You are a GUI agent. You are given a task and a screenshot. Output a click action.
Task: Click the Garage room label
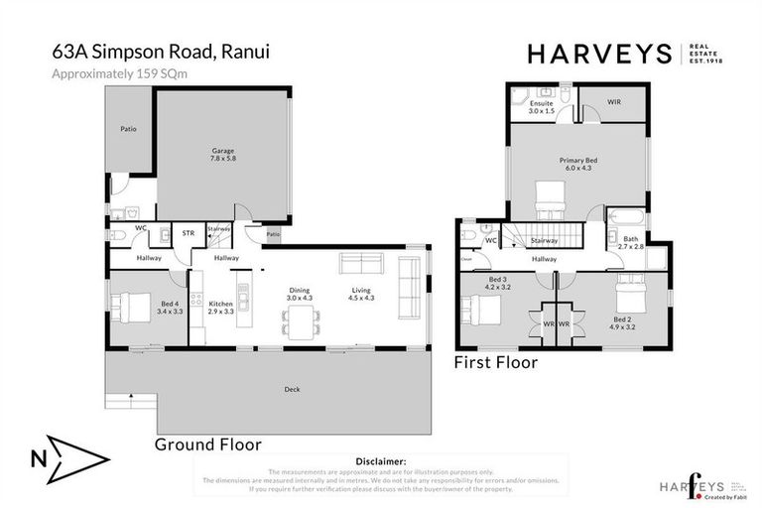click(x=222, y=155)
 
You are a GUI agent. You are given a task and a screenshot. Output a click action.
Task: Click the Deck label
click(x=292, y=389)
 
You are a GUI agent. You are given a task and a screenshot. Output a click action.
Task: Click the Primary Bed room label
click(x=577, y=164)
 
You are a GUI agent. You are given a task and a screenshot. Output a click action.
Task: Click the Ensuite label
click(x=542, y=106)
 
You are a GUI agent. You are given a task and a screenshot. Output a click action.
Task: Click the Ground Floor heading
click(x=207, y=444)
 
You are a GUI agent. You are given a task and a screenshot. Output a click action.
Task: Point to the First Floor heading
click(x=496, y=363)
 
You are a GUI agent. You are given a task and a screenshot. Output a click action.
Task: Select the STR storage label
click(x=188, y=233)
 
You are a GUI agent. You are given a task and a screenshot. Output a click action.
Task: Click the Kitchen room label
click(x=219, y=308)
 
